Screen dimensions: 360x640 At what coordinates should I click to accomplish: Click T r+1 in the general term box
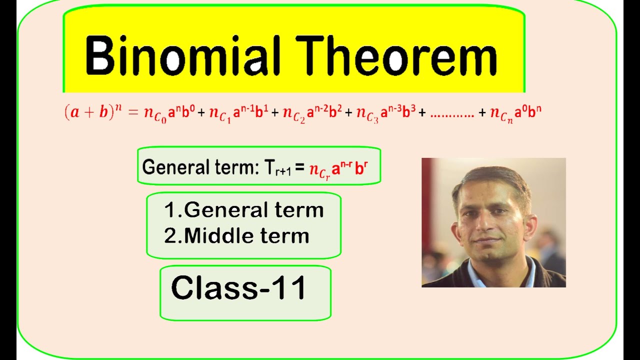(278, 167)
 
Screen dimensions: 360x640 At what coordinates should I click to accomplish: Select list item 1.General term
(244, 210)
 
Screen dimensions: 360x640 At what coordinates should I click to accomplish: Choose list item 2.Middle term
(236, 236)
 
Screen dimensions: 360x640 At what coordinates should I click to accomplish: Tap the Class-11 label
(238, 288)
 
